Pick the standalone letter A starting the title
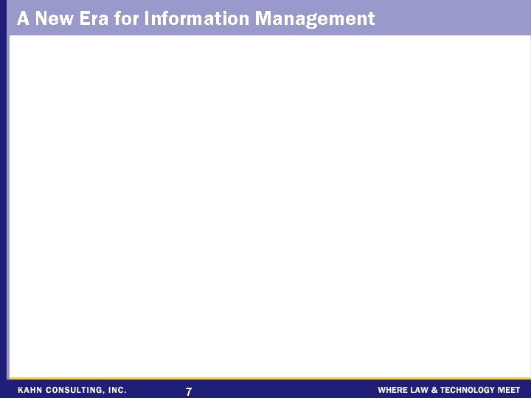[23, 18]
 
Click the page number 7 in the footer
[189, 391]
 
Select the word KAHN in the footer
[30, 390]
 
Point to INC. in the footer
[118, 390]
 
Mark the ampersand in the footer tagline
[436, 390]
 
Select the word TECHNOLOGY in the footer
[469, 390]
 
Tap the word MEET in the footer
[510, 390]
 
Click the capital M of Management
[263, 18]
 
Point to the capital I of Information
[147, 18]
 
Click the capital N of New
[41, 18]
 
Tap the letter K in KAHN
[21, 390]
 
